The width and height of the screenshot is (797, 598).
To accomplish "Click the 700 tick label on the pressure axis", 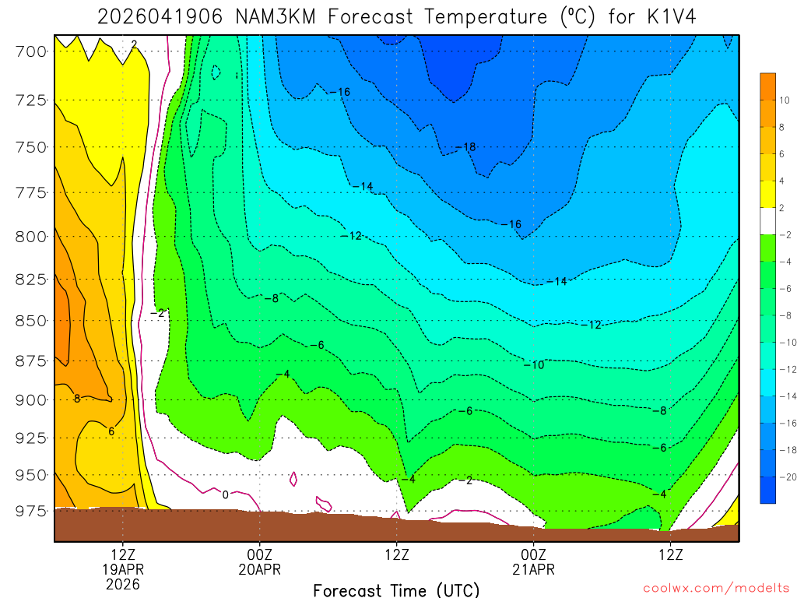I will tap(31, 51).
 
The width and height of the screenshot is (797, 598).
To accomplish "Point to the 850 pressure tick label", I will tap(31, 320).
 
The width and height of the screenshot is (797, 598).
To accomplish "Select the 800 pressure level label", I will tap(31, 236).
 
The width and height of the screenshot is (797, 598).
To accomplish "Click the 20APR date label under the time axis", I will tap(259, 569).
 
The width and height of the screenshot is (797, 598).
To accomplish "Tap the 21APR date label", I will tap(533, 569).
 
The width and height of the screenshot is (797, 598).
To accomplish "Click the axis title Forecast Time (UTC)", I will tap(396, 590).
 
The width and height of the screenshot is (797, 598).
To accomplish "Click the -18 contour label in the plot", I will tap(465, 147).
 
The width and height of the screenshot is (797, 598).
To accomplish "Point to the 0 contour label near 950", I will tap(225, 494).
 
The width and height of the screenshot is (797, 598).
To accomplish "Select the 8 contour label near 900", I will tap(77, 399).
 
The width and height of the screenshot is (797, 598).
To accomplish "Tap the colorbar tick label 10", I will tap(784, 100).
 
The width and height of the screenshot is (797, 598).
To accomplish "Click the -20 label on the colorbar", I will tap(784, 476).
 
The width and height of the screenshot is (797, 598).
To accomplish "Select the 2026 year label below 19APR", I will tap(123, 583).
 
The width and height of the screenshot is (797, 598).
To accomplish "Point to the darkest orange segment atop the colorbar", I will tap(767, 86).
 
